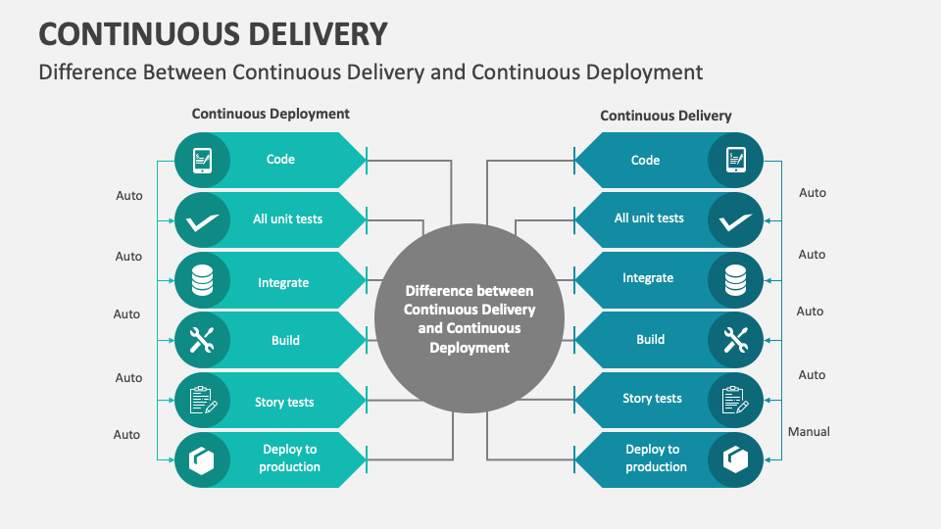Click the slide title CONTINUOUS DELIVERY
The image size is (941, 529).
click(213, 33)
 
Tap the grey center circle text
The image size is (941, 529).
click(470, 318)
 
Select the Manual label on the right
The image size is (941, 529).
click(809, 431)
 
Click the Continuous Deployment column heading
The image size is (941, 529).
click(271, 114)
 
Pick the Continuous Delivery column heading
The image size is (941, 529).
click(666, 116)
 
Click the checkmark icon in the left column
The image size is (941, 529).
click(202, 221)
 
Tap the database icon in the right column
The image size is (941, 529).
click(735, 280)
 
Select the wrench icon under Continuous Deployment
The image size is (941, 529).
click(202, 340)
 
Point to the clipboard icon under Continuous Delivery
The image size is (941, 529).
click(735, 400)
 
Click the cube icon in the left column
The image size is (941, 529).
click(202, 459)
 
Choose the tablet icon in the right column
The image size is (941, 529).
click(735, 161)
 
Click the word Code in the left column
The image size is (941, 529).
click(280, 159)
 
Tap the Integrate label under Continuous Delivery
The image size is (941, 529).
click(648, 278)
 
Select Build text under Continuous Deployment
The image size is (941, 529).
click(285, 340)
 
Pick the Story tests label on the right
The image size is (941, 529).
click(652, 399)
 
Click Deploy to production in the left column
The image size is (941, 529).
click(289, 458)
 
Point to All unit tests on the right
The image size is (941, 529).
click(649, 218)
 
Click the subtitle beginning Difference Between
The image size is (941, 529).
click(371, 72)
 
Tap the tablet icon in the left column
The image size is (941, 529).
click(202, 160)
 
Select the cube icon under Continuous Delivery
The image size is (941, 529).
click(735, 459)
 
